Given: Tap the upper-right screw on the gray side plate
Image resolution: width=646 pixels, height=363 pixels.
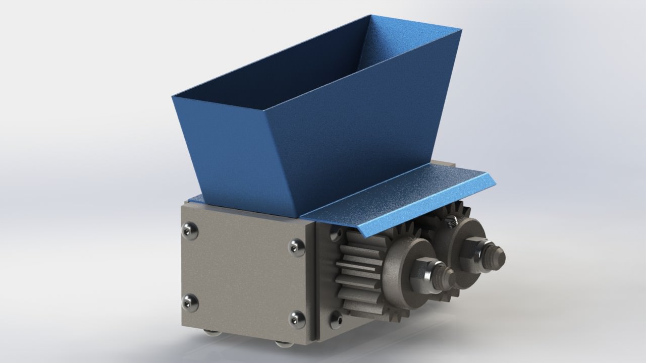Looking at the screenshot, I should (296, 247).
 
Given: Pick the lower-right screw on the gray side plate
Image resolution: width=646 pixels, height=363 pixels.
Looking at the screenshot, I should (296, 319).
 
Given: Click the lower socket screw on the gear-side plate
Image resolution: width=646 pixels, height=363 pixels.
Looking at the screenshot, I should (335, 317).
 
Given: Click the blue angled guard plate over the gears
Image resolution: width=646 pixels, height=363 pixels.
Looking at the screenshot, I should (399, 197).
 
